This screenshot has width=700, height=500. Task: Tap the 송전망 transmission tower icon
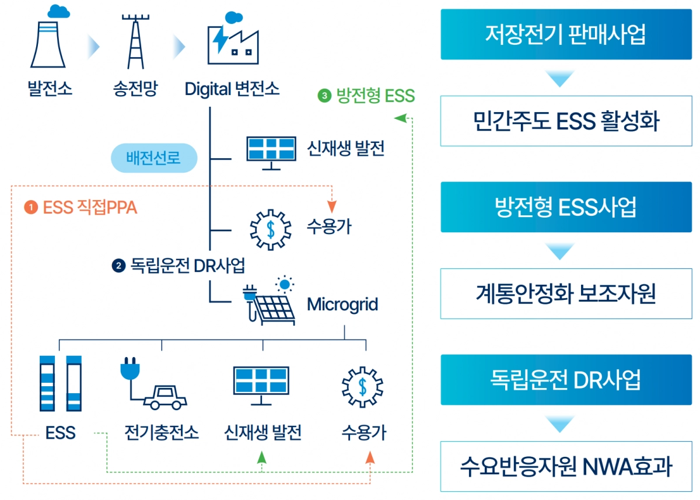coord(135,41)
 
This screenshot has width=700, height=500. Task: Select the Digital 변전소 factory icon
coord(232,41)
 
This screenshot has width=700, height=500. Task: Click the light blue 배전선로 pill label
coord(154,158)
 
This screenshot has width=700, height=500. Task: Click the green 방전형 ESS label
coord(366,96)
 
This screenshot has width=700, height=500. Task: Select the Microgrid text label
coord(342,304)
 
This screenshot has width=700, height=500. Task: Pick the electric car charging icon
coord(153,387)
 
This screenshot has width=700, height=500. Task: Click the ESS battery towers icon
coord(61,382)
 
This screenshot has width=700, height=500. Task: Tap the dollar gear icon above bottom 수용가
coord(363,387)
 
